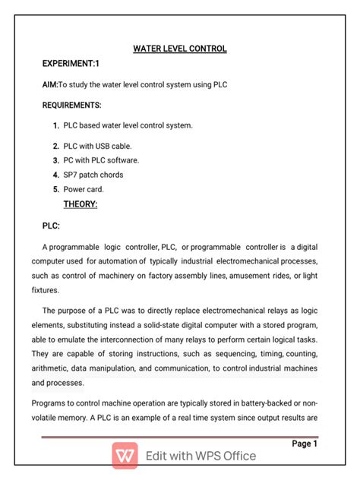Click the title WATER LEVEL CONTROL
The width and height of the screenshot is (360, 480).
(x=180, y=49)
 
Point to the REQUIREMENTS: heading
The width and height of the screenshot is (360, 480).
(x=72, y=105)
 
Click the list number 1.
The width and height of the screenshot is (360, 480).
(x=56, y=125)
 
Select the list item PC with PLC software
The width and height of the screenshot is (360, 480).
(x=101, y=160)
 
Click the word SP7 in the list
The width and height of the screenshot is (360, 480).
(x=71, y=175)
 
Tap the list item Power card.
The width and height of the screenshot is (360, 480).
(x=84, y=189)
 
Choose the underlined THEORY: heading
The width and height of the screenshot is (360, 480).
(x=81, y=204)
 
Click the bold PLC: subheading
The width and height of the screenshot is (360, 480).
(x=51, y=226)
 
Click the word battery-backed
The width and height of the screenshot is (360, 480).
(x=271, y=404)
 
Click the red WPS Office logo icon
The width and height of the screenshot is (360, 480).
(x=125, y=456)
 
